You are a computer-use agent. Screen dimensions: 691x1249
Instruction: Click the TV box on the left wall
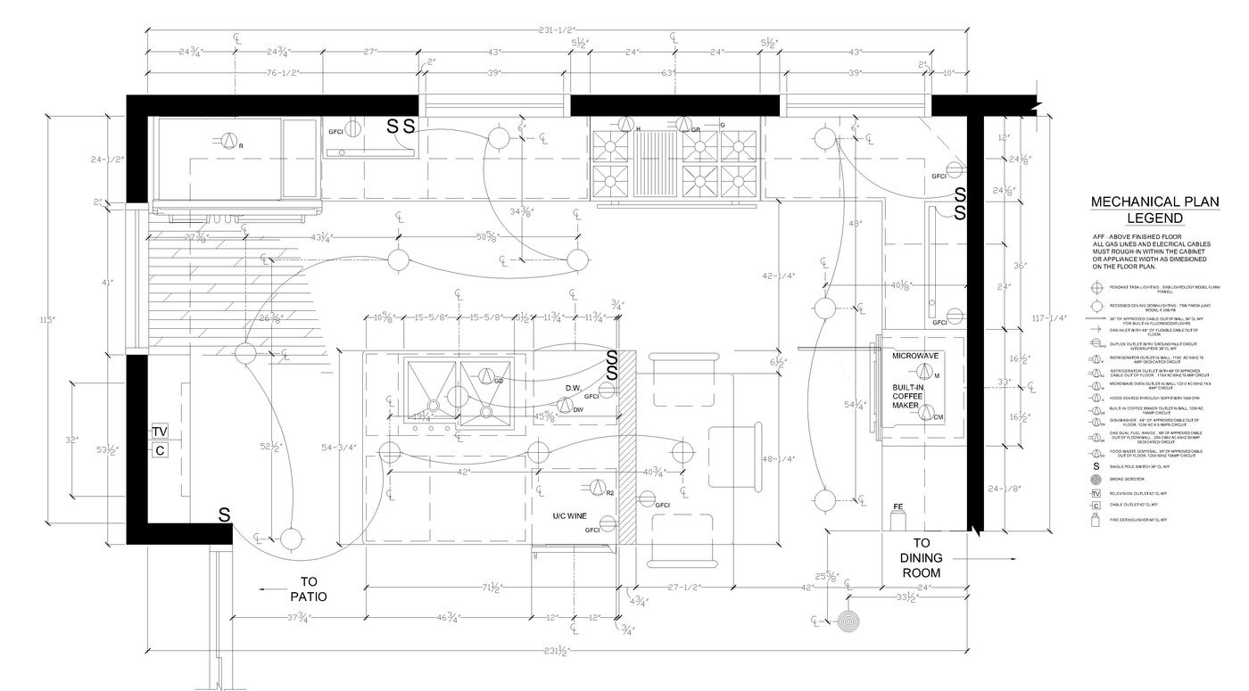[x=160, y=432]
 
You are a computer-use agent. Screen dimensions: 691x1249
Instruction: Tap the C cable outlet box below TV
[x=160, y=450]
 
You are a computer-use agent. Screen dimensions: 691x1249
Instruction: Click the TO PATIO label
[x=303, y=588]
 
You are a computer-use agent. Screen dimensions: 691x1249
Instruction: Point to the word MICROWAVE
[x=916, y=356]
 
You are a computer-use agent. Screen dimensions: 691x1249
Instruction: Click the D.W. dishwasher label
[x=574, y=388]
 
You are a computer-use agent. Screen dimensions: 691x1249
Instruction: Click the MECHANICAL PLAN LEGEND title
[x=1154, y=210]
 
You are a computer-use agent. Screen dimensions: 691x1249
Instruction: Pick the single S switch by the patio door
[x=225, y=514]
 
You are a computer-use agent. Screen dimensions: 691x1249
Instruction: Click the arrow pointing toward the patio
[x=272, y=589]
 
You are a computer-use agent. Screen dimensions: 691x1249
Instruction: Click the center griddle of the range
[x=661, y=164]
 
